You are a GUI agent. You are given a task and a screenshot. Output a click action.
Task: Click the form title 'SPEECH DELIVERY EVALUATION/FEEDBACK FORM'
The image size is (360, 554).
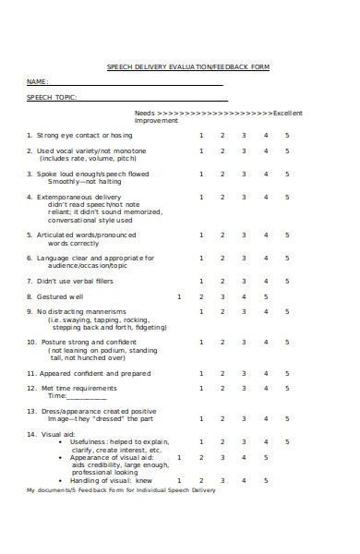pos(188,66)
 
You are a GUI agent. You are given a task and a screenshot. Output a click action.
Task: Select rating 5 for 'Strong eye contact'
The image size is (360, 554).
pos(287,135)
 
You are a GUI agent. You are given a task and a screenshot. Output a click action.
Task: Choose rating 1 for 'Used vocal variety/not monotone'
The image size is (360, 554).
pos(201,151)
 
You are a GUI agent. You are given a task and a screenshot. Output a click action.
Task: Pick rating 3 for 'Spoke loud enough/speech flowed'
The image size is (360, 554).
pos(244,174)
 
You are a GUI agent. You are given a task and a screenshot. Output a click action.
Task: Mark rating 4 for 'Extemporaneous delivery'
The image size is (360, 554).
pos(266,197)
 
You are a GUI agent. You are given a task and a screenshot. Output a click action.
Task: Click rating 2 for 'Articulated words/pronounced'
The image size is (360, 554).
pos(222,235)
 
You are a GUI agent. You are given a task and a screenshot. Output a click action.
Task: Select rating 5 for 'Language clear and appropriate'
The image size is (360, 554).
pos(287,258)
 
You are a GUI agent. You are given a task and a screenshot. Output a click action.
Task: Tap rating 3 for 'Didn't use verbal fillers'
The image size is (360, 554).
pos(244,281)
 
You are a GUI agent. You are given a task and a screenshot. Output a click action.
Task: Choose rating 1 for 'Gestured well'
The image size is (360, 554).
pos(179,296)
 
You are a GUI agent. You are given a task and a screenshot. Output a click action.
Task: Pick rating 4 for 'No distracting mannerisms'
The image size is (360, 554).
pos(266,312)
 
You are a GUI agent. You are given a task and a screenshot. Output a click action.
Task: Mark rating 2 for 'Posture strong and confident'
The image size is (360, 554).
pos(222,343)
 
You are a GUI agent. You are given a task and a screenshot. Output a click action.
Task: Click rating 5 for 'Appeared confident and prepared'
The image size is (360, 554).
pos(287,373)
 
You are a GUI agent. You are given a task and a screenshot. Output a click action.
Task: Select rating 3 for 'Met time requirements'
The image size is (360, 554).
pos(244,389)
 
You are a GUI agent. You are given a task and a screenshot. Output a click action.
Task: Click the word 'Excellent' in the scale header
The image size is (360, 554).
pos(287,113)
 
